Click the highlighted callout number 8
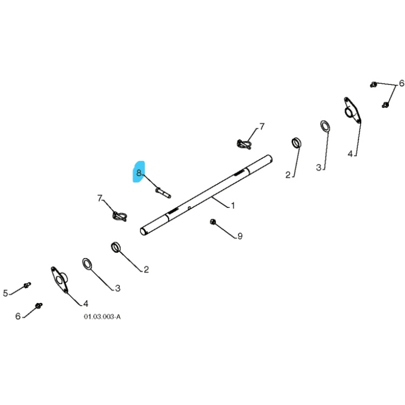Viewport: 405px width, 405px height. (139, 173)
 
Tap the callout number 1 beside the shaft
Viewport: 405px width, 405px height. (233, 206)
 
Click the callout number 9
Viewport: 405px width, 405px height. (240, 236)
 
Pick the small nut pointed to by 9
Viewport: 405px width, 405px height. (213, 221)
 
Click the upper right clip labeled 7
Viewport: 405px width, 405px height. (245, 144)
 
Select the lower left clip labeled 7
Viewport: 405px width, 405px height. (119, 217)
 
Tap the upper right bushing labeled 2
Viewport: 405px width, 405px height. (296, 143)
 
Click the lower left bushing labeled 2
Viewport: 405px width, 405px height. (116, 247)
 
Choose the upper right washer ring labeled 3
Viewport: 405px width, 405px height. (325, 126)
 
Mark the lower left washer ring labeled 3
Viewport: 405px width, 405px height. (86, 264)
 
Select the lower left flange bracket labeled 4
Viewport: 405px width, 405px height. (59, 279)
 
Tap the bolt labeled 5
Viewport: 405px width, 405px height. (27, 285)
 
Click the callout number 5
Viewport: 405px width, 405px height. (5, 293)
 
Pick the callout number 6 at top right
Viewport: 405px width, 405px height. (401, 84)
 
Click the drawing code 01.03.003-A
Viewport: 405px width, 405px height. (102, 317)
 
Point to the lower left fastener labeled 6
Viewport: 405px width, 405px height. (38, 306)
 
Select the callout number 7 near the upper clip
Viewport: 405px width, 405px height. (262, 126)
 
